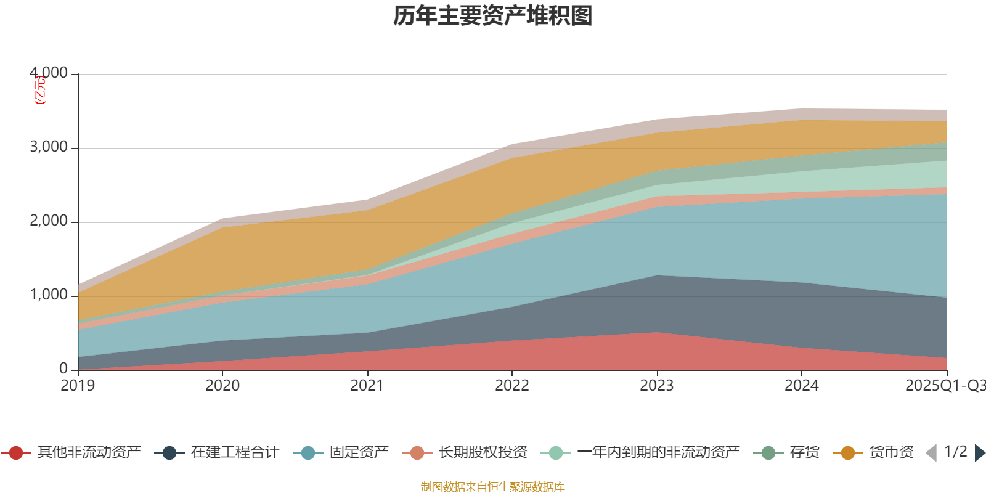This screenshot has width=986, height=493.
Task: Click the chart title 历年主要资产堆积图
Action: [493, 16]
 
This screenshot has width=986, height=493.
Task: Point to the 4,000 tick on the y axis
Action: [49, 73]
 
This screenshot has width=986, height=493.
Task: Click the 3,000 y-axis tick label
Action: [49, 147]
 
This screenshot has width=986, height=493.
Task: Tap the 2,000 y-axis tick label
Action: [49, 221]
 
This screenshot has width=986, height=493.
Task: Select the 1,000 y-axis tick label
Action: [49, 295]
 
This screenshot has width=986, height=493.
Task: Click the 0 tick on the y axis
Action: [63, 369]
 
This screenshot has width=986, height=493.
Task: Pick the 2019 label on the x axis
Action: [78, 386]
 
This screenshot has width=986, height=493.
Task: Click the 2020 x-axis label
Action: [222, 386]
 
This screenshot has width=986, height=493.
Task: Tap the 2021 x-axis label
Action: [367, 386]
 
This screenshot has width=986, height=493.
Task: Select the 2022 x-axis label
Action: [512, 386]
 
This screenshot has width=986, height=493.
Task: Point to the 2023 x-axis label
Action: [657, 386]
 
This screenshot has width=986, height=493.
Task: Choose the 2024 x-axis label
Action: [802, 386]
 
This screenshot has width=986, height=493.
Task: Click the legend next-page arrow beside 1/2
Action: [980, 453]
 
